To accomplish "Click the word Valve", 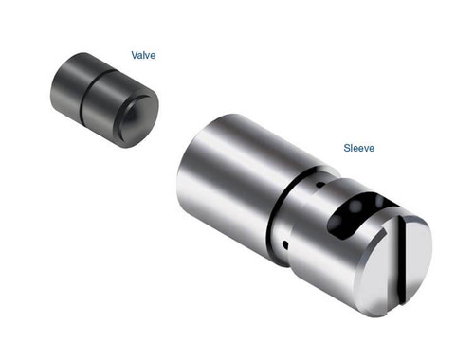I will tap(144, 56).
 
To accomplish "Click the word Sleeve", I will tap(359, 149).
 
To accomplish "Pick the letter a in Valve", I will tap(141, 56).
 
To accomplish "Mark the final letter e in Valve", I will tap(153, 56).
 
